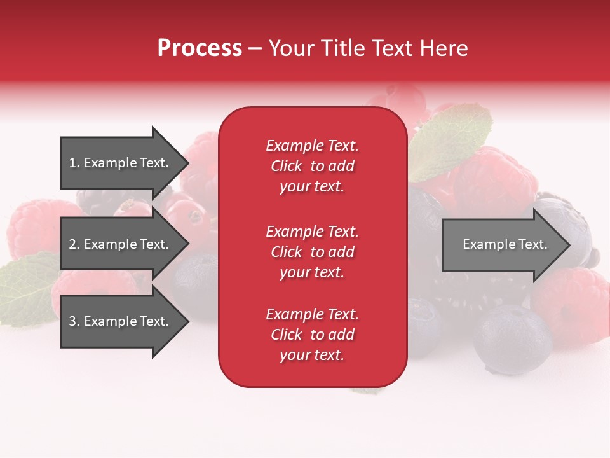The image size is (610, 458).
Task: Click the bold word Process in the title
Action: [x=200, y=48]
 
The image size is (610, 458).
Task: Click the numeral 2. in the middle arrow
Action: [x=74, y=244]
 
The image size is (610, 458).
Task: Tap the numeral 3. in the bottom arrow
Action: [x=74, y=321]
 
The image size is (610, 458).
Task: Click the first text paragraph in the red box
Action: [x=312, y=166]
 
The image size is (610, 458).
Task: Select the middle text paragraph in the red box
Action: [x=312, y=252]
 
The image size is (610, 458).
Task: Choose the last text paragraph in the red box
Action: [x=312, y=335]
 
